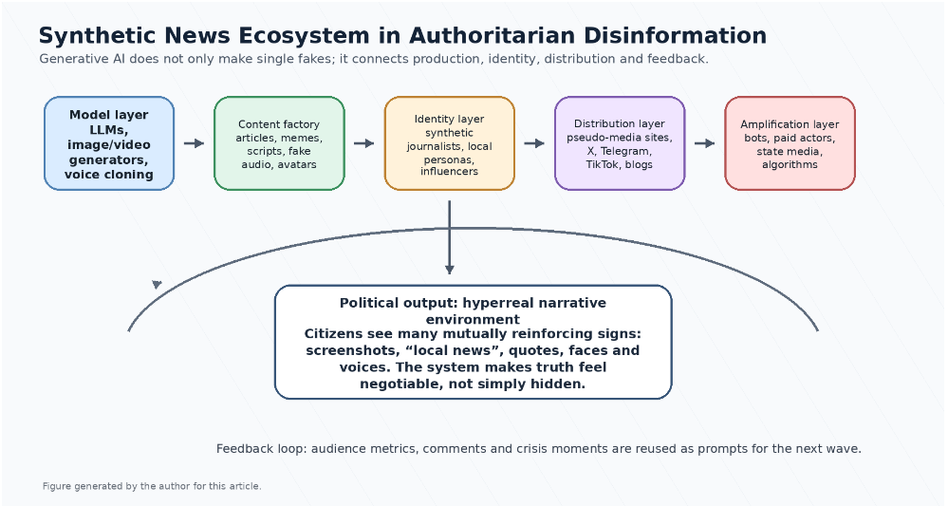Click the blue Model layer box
pyautogui.click(x=109, y=143)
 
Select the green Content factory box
pyautogui.click(x=279, y=143)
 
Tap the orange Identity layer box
pyautogui.click(x=449, y=143)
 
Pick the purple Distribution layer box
pyautogui.click(x=620, y=143)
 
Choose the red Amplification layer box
pyautogui.click(x=790, y=143)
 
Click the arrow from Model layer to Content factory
pyautogui.click(x=195, y=143)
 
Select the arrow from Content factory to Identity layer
pyautogui.click(x=364, y=143)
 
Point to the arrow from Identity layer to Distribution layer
pyautogui.click(x=534, y=143)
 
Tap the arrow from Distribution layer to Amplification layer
pyautogui.click(x=704, y=143)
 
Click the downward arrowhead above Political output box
pyautogui.click(x=449, y=270)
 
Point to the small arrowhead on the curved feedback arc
pyautogui.click(x=157, y=284)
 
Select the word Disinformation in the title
pyautogui.click(x=676, y=35)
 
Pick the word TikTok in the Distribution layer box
pyautogui.click(x=604, y=164)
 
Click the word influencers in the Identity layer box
pyautogui.click(x=449, y=172)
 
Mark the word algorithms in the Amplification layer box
pyautogui.click(x=790, y=164)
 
